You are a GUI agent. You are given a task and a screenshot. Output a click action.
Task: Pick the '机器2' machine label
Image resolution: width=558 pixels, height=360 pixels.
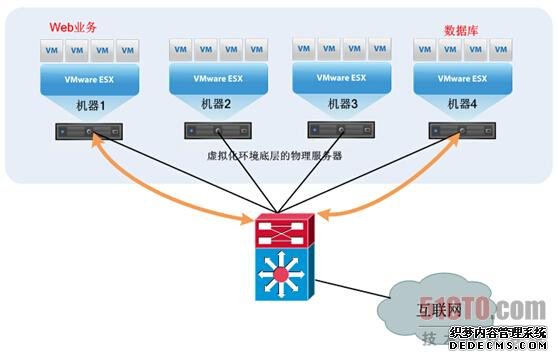point(218,104)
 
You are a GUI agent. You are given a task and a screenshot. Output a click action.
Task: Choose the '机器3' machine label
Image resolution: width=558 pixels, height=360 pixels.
point(340,104)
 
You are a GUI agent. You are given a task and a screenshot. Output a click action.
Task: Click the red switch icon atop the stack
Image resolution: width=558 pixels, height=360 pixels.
point(285,232)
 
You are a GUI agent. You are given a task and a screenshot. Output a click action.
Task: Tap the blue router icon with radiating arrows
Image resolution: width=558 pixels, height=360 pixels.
point(285,272)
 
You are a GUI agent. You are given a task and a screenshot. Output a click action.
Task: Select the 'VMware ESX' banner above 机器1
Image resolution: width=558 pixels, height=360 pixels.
point(89,79)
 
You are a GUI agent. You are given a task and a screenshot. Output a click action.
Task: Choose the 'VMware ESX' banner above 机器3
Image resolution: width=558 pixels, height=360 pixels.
point(340,76)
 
